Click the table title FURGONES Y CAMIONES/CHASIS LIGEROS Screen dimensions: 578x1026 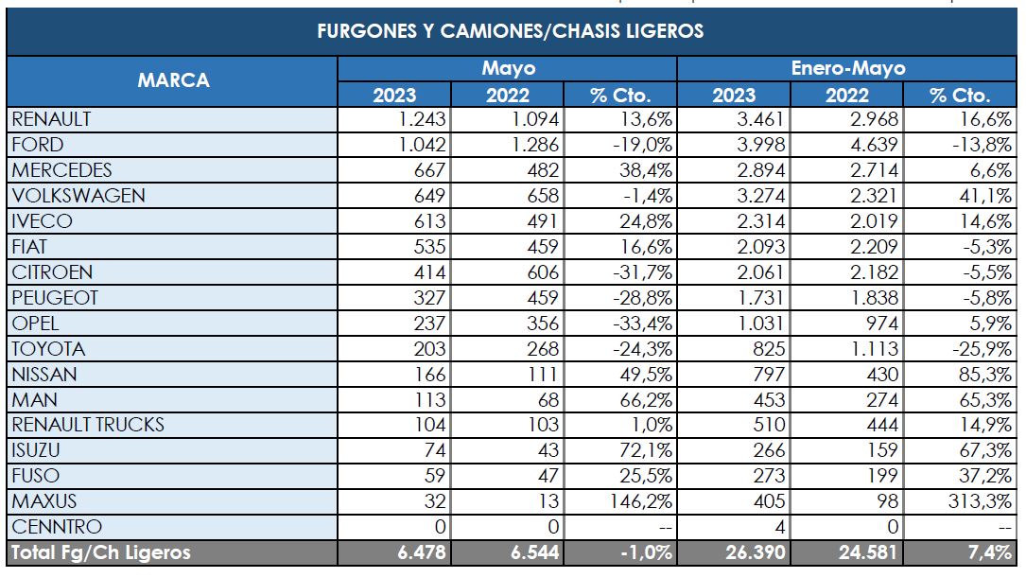[511, 31]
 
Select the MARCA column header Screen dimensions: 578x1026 [173, 80]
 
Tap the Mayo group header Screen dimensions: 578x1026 [508, 68]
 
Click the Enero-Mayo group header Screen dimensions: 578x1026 [847, 68]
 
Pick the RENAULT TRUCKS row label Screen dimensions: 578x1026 [88, 425]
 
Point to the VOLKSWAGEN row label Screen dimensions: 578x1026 [78, 196]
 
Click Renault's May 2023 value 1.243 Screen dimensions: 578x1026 [421, 119]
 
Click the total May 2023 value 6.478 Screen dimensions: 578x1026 [419, 552]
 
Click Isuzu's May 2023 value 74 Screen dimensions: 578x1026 [431, 450]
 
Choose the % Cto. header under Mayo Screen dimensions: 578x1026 [620, 95]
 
